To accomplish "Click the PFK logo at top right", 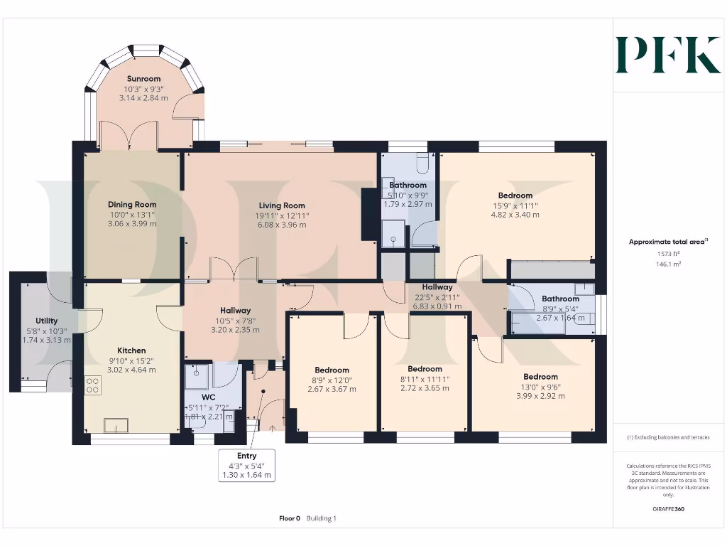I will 668,55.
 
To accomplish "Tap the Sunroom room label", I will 143,79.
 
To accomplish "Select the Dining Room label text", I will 131,204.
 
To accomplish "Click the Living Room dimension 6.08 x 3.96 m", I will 282,225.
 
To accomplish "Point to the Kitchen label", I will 131,350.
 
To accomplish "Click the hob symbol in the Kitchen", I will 92,385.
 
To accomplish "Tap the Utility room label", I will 47,321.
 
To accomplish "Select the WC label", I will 208,397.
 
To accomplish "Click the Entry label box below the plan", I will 247,466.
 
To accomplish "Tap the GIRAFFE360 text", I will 667,509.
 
